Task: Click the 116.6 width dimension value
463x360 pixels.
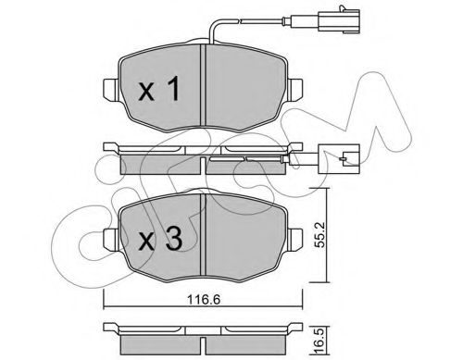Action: pyautogui.click(x=204, y=300)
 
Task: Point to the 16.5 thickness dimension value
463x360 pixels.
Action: pyautogui.click(x=320, y=341)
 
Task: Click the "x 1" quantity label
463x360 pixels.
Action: pyautogui.click(x=159, y=89)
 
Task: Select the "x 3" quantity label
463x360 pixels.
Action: pyautogui.click(x=160, y=240)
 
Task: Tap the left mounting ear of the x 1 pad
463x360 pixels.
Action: pyautogui.click(x=110, y=90)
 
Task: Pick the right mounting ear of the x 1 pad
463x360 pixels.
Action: pyautogui.click(x=294, y=90)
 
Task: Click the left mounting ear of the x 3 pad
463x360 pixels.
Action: pyautogui.click(x=111, y=240)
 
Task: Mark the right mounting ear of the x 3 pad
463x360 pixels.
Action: pyautogui.click(x=294, y=240)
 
